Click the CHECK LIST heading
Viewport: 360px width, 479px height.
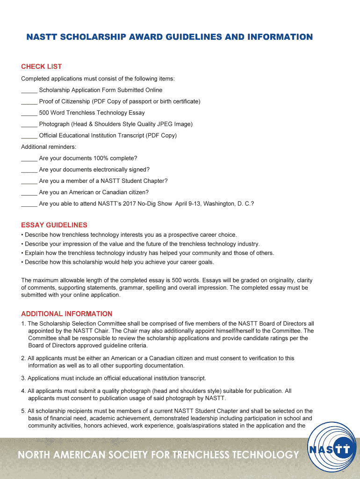tap(41, 66)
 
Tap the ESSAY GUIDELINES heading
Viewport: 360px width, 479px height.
tap(54, 225)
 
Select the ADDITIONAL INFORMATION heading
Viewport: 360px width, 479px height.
tap(66, 314)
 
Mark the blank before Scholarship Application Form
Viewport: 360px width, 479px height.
tap(29, 90)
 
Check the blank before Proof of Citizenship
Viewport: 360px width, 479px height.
tap(29, 102)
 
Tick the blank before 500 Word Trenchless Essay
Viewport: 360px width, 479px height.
tap(29, 113)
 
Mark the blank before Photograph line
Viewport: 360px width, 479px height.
tap(29, 124)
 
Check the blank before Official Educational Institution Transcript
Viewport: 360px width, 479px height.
tap(29, 136)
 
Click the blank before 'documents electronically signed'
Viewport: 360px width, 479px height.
tap(29, 170)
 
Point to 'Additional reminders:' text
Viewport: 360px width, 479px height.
tap(49, 147)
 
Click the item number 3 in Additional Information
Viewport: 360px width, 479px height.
tap(23, 378)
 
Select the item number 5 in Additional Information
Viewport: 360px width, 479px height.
tap(23, 411)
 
